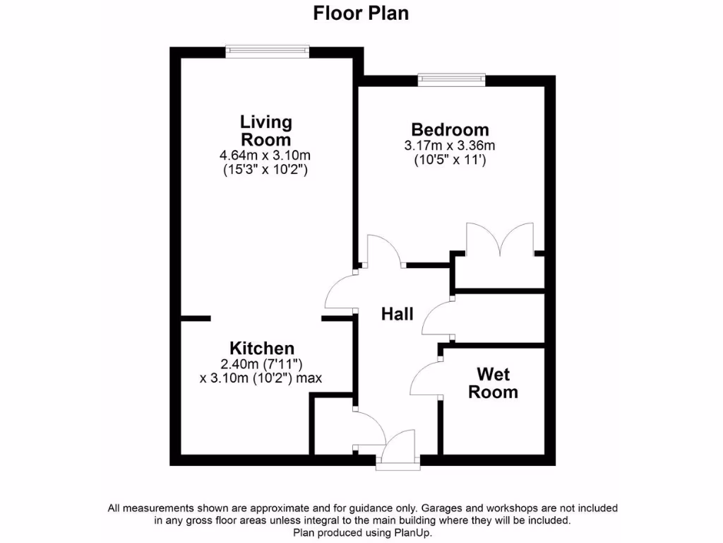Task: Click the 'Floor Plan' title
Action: tap(361, 13)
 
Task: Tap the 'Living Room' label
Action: tap(266, 131)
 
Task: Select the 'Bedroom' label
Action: tap(450, 130)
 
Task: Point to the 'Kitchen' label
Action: tap(262, 349)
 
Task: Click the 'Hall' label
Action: tap(397, 314)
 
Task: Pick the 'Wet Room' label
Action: tap(493, 383)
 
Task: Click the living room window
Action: tap(268, 49)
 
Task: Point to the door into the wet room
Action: tap(425, 380)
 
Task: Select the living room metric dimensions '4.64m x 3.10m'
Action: tap(266, 156)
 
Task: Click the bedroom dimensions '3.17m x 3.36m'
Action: tap(450, 146)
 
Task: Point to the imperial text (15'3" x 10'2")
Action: tap(266, 170)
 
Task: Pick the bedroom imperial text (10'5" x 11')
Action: tap(450, 160)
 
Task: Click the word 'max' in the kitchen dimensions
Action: tap(309, 378)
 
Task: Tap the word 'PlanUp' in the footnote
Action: tap(407, 533)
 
